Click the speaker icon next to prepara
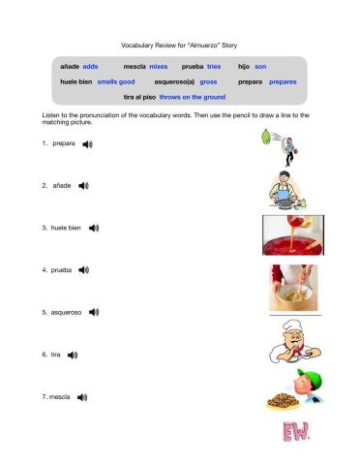(88, 143)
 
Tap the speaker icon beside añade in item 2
(83, 184)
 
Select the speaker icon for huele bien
(94, 228)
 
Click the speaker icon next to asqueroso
(93, 313)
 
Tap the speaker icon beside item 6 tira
(73, 355)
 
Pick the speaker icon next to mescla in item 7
(82, 397)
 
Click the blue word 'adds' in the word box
(91, 66)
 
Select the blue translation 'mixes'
(159, 66)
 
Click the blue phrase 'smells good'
(116, 81)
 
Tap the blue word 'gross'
(208, 81)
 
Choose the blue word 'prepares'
(283, 81)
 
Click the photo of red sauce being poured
(290, 235)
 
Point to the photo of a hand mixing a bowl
(290, 288)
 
